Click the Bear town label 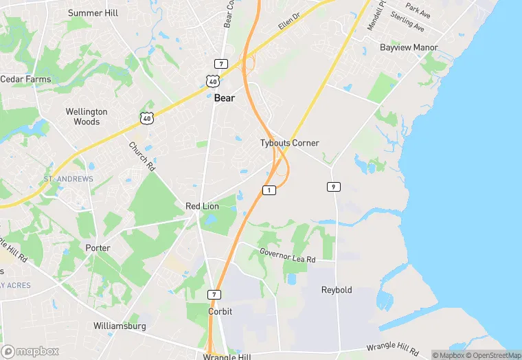[224, 98]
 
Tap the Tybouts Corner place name [289, 143]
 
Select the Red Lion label [202, 206]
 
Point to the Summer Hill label [93, 13]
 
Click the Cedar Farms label [25, 79]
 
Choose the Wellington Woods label [87, 117]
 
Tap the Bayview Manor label [409, 47]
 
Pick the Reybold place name [337, 290]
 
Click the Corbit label [220, 311]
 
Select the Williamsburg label [120, 326]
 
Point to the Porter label [98, 247]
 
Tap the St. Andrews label [68, 179]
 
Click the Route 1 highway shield [269, 190]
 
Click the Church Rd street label [142, 157]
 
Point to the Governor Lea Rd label [287, 256]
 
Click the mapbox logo [30, 351]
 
